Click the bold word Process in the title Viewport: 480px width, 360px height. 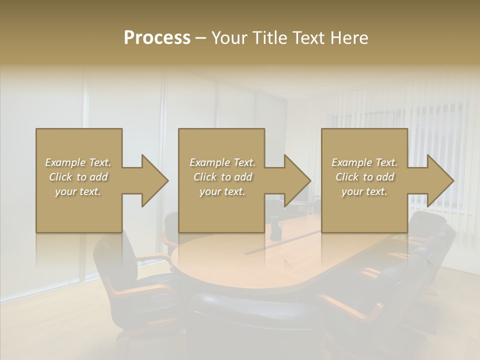click(157, 38)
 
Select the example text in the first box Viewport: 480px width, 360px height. click(78, 176)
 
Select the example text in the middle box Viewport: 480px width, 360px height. click(222, 176)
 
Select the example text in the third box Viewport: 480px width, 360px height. click(364, 176)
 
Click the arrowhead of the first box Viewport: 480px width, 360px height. click(154, 180)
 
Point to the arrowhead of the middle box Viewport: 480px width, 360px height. click(296, 180)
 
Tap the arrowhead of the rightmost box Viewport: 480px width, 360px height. click(439, 180)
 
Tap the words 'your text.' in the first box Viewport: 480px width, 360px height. click(78, 191)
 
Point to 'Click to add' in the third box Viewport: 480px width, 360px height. click(364, 177)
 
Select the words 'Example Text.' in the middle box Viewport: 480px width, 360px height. click(222, 162)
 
